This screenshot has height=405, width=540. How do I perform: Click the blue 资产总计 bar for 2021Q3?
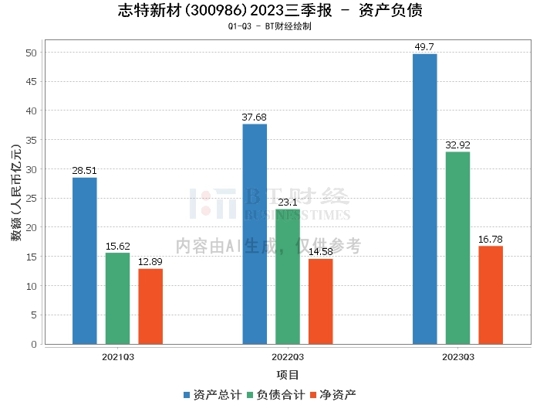(x=85, y=260)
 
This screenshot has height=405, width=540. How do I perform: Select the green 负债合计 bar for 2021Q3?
(x=118, y=298)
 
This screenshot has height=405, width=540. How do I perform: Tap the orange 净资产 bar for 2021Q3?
(x=150, y=306)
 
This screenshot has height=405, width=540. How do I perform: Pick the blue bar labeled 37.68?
(x=255, y=233)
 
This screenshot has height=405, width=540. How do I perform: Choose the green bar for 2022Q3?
(x=288, y=276)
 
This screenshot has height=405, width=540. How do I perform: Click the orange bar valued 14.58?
(x=320, y=301)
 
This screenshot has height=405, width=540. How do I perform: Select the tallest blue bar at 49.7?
(x=424, y=199)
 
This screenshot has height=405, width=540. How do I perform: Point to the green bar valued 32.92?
(x=457, y=247)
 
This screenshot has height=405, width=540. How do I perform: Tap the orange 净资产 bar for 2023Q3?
(x=491, y=294)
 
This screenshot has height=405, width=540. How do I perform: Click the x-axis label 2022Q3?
(x=288, y=357)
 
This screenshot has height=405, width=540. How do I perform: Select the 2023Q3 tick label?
(x=457, y=357)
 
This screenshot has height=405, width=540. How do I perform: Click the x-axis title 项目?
(x=288, y=375)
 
